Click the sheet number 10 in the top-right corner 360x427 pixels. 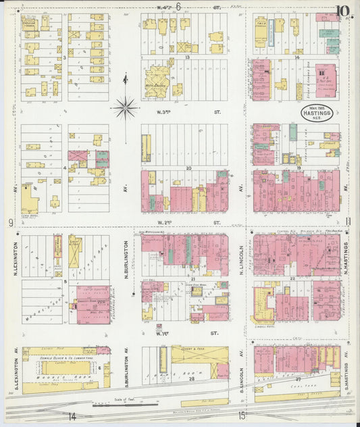[344, 10]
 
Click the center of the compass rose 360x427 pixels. [126, 106]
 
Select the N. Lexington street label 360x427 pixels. [14, 260]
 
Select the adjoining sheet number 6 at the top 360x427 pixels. [178, 7]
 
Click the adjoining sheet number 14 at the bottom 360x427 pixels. [71, 417]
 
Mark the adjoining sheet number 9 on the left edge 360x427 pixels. [10, 222]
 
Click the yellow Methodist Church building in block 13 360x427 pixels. [157, 88]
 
